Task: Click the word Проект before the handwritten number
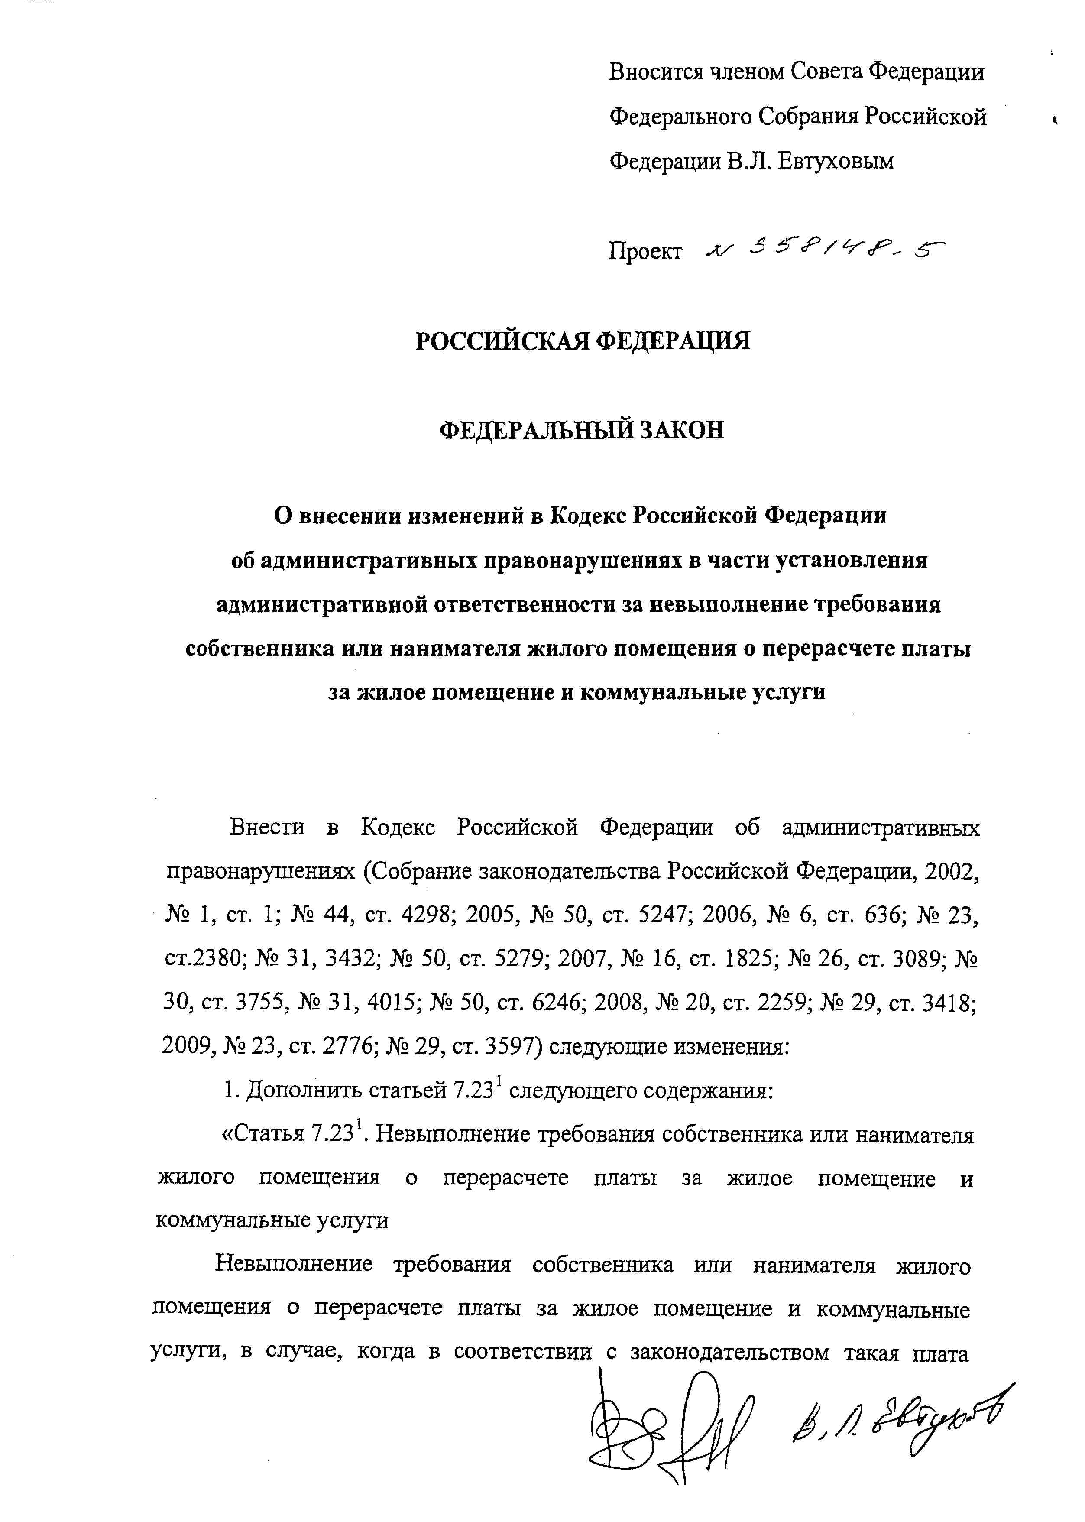pos(645,251)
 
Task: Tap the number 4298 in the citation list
pos(430,916)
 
